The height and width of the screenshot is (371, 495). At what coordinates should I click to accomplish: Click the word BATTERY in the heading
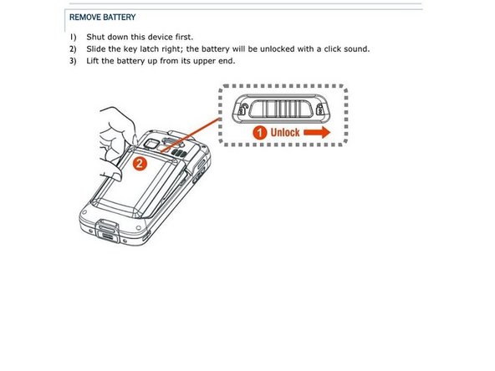120,17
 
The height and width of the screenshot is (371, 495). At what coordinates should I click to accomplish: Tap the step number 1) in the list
73,38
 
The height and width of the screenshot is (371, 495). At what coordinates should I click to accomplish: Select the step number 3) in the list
73,61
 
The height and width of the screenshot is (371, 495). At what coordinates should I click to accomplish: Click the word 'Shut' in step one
95,37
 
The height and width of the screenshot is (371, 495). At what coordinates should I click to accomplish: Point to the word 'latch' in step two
150,49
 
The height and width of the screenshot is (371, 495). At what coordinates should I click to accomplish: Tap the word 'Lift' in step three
93,60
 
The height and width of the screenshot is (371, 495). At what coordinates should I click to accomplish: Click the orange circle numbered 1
259,133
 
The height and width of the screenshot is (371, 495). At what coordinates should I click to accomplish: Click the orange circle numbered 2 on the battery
140,164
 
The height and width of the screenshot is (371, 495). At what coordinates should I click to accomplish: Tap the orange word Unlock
285,133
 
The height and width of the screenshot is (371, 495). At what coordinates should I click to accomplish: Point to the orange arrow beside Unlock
317,133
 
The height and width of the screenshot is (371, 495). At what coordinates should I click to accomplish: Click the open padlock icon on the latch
242,109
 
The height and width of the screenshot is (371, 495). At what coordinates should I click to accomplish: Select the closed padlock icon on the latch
319,109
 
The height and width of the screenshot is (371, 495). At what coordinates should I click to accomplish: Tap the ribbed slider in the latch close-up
281,109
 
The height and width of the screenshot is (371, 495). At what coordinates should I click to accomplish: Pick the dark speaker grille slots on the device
179,154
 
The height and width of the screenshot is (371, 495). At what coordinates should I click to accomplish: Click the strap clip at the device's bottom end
107,231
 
